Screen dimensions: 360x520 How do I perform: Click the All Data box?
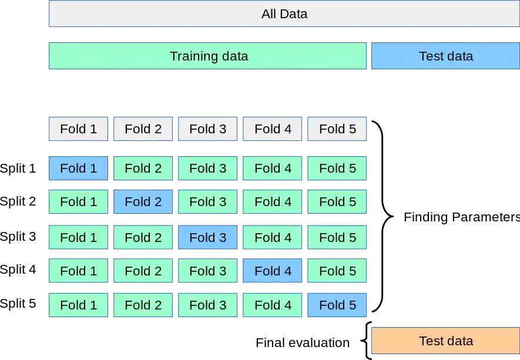(284, 14)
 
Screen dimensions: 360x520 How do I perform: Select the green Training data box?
(208, 56)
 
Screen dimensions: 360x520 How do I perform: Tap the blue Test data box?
(446, 56)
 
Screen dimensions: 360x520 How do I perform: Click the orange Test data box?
(446, 341)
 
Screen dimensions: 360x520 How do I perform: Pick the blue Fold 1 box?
(78, 169)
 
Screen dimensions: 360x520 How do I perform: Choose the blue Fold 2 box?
(143, 202)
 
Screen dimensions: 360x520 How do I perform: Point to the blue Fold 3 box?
(207, 237)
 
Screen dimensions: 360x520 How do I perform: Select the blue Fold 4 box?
(273, 271)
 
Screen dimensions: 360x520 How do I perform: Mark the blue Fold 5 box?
(337, 305)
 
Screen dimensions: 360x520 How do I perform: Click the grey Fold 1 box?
(78, 129)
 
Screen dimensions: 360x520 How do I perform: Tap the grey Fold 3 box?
(207, 129)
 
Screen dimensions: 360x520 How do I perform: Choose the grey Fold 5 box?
(337, 129)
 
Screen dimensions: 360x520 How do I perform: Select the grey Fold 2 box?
(143, 129)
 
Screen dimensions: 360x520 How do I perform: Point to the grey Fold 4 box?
(273, 129)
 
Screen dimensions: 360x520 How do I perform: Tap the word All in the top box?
(269, 14)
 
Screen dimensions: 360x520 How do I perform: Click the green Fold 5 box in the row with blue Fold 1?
(337, 169)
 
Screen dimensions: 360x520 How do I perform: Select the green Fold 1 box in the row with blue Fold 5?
(78, 305)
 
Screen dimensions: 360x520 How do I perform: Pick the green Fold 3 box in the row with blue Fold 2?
(207, 202)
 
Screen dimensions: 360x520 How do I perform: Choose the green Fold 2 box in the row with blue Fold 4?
(143, 271)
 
